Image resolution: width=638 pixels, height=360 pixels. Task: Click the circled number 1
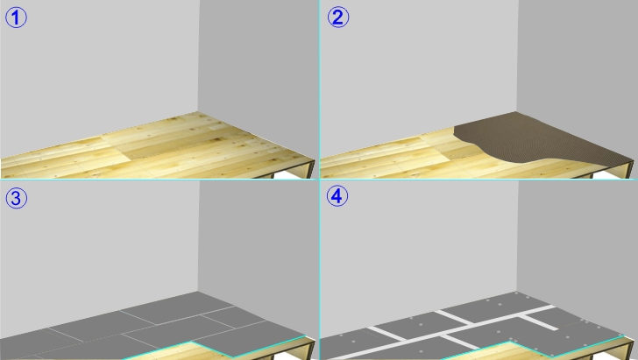tap(16, 18)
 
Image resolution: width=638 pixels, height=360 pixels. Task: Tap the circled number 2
tap(337, 18)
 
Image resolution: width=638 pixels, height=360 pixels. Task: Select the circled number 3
tap(16, 198)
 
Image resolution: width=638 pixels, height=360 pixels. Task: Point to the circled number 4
tap(337, 195)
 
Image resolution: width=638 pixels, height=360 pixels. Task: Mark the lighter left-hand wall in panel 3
tap(99, 252)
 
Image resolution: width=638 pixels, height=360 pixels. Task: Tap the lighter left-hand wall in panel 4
tap(419, 252)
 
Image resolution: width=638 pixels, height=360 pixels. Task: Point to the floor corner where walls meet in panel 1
tap(198, 111)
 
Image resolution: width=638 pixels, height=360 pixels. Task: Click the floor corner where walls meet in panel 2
tap(517, 111)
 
